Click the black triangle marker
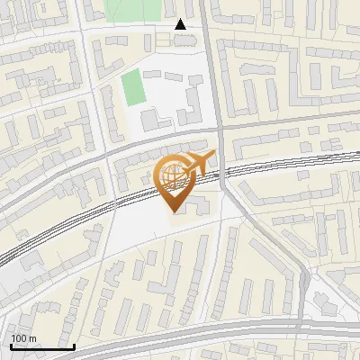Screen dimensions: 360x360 point(181,24)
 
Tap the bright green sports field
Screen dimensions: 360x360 point(132,87)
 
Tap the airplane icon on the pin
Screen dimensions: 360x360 point(201,166)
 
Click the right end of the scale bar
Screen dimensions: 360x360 point(74,346)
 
